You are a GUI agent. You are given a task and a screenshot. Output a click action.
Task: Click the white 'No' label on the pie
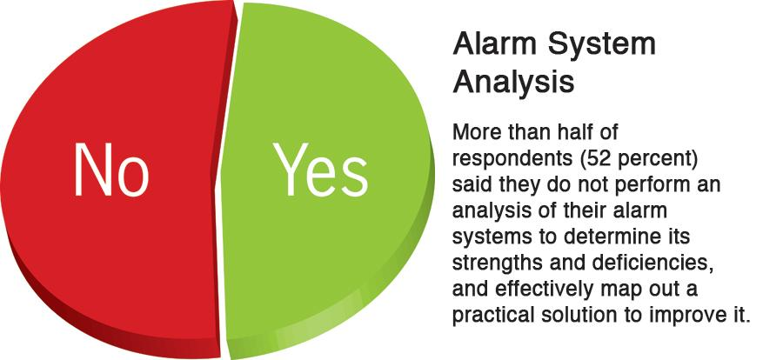point(110,169)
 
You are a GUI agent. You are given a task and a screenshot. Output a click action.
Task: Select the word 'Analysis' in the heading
point(513,83)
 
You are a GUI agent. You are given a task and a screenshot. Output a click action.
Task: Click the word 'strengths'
point(492,262)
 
